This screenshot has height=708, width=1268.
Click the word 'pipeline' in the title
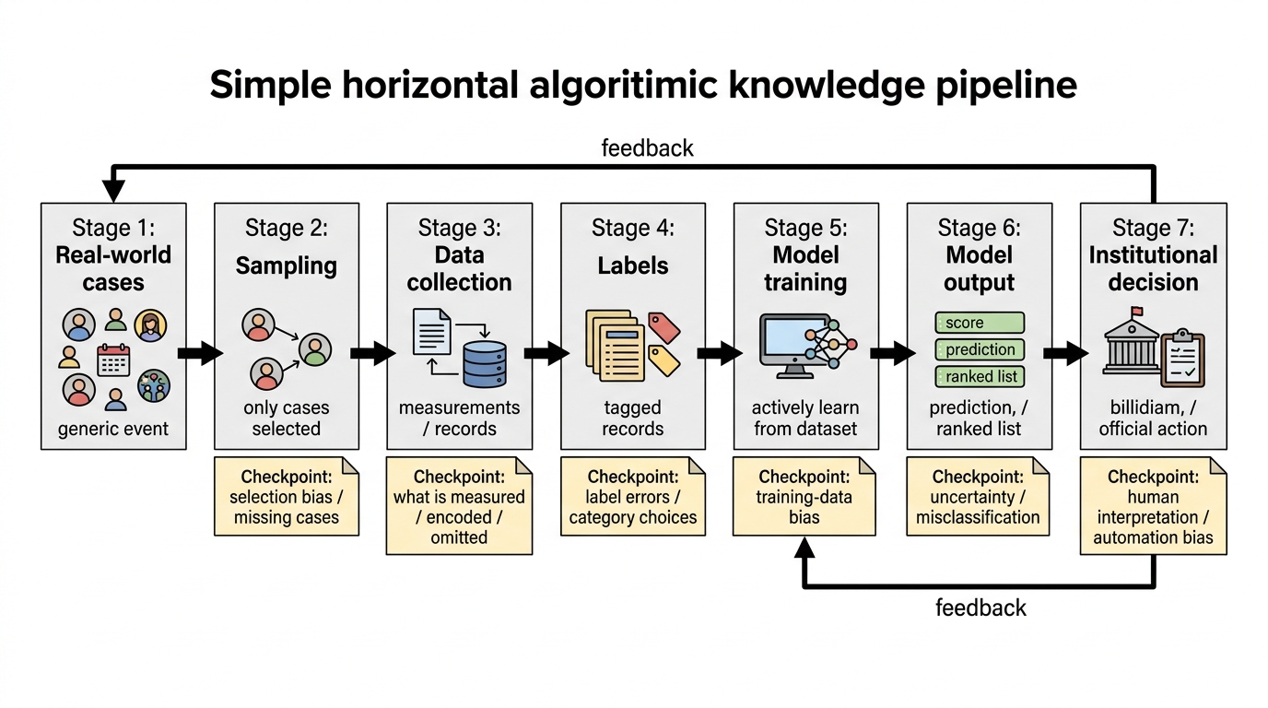tap(1006, 85)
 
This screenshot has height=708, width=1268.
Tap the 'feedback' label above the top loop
tap(647, 147)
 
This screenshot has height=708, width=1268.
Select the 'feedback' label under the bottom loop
tap(980, 608)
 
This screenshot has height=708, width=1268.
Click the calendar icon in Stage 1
tap(113, 360)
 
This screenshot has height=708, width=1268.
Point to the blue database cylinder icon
tap(485, 364)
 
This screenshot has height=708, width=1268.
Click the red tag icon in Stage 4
tap(664, 327)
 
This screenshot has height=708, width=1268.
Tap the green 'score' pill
tap(980, 323)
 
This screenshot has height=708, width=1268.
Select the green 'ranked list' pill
tap(980, 377)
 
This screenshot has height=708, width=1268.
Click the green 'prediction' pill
tap(980, 349)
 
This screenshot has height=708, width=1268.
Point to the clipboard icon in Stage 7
tap(1182, 358)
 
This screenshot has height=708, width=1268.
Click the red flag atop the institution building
tap(1136, 312)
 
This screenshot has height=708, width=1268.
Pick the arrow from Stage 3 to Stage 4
tap(546, 353)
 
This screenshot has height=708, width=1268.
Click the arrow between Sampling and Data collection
tap(373, 353)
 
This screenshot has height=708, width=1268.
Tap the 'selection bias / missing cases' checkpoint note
tap(287, 496)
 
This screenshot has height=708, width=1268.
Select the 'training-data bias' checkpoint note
tap(804, 496)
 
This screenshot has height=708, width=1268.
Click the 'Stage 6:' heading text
tap(979, 228)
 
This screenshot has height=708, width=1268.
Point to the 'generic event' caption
tap(113, 429)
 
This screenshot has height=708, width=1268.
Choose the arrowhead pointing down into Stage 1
tap(113, 191)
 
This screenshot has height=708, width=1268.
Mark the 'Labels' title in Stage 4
tap(633, 265)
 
